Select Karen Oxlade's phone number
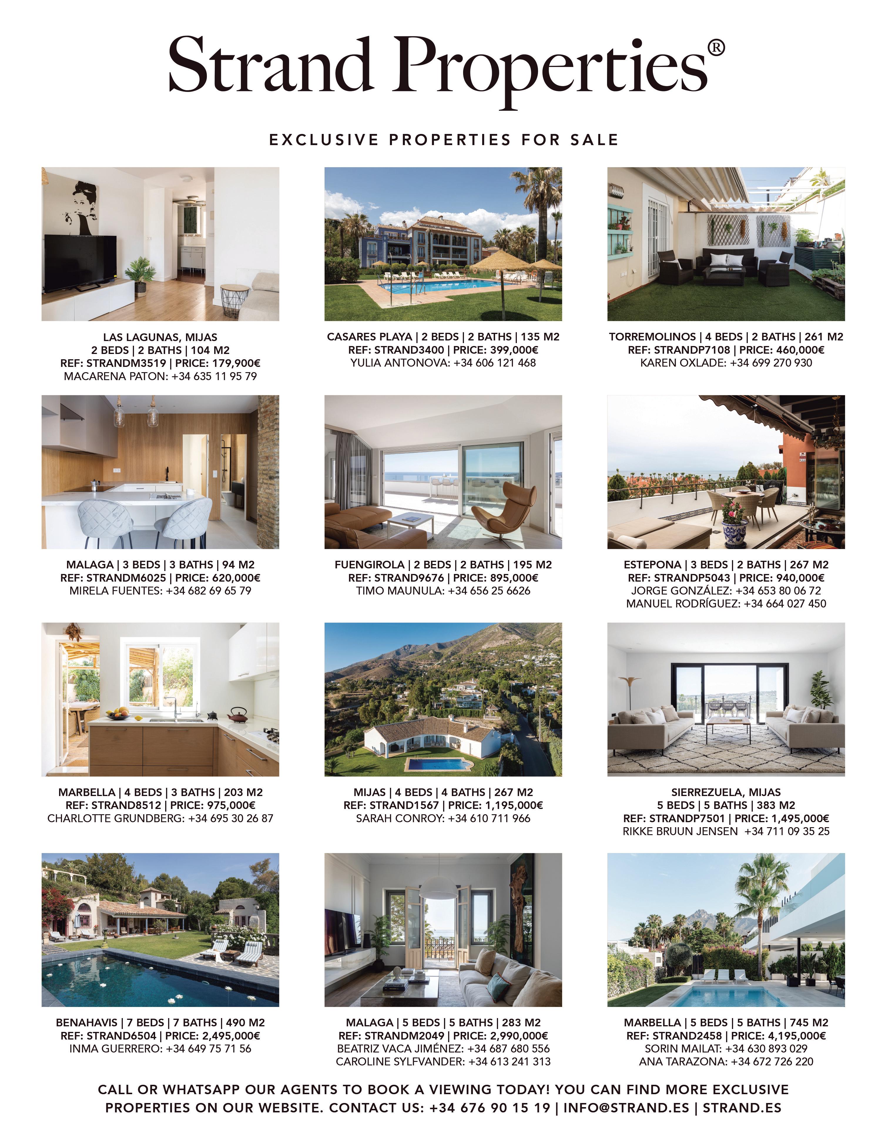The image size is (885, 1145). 771,363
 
